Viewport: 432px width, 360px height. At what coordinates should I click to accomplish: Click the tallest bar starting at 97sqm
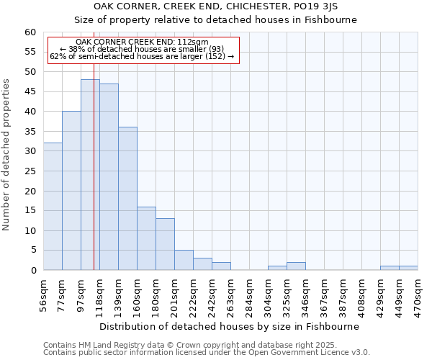tap(90, 175)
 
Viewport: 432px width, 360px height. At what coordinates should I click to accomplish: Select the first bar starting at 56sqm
tap(53, 207)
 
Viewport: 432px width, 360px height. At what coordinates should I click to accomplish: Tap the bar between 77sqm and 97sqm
tap(71, 191)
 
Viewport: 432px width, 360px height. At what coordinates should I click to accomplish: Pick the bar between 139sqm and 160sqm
tap(127, 199)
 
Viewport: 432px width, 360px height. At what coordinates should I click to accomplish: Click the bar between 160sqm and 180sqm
tap(146, 238)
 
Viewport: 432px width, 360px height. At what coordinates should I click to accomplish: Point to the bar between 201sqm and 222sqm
tap(184, 260)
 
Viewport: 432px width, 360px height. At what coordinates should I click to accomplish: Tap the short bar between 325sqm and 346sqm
tap(296, 266)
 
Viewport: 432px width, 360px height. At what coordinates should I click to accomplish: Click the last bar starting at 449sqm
tap(408, 268)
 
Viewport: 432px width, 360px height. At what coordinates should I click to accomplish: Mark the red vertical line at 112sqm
tap(94, 180)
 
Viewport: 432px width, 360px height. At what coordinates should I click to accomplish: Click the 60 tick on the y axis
tap(30, 32)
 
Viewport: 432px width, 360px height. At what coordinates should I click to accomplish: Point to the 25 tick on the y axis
tap(30, 171)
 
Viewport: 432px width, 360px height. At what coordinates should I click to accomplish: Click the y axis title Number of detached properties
tap(6, 155)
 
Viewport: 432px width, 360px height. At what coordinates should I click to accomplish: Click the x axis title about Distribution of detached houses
tap(230, 326)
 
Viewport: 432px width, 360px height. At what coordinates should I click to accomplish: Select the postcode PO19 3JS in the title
tap(330, 6)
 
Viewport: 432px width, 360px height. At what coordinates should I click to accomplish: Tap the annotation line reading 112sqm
tap(142, 42)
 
